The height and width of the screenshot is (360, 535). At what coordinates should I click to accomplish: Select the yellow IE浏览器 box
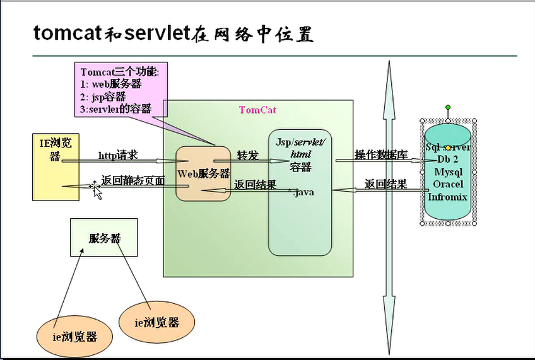tap(56, 166)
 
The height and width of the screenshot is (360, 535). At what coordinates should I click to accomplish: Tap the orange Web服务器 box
tap(203, 174)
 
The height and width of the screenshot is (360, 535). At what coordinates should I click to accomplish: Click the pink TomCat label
tap(257, 110)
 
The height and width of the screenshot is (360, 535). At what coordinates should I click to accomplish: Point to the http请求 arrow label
tap(118, 155)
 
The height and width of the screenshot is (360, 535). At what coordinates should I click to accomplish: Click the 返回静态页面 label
tap(133, 181)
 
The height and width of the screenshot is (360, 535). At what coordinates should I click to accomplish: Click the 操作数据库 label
tap(381, 155)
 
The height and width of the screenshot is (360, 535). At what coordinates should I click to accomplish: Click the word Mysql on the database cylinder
tap(448, 171)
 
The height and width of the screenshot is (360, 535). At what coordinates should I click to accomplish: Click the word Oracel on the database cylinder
tap(448, 184)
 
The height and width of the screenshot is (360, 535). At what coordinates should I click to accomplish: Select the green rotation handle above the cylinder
tap(448, 107)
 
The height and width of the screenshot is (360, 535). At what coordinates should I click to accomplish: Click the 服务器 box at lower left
tap(103, 238)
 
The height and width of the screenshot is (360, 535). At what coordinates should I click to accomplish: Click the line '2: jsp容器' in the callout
tap(103, 96)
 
